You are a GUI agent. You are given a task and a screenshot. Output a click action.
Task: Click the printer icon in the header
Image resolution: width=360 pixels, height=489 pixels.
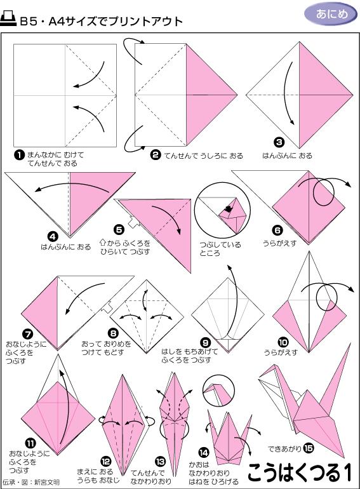pos(9,20)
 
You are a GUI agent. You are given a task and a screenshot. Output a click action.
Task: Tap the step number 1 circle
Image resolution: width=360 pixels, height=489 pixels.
pos(19,154)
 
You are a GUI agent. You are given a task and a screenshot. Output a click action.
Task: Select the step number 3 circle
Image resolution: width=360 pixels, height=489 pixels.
pos(279,142)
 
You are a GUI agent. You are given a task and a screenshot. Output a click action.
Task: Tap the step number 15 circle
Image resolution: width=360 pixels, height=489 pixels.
pos(309,447)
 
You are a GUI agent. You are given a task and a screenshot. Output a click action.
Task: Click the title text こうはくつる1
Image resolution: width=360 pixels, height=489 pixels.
pos(299,472)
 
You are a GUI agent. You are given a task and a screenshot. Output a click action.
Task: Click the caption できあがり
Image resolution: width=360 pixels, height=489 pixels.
pos(284,448)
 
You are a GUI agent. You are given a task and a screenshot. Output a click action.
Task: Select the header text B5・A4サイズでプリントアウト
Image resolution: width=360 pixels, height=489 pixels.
pos(101,21)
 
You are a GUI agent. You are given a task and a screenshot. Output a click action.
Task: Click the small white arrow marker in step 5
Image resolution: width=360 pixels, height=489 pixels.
pos(132,223)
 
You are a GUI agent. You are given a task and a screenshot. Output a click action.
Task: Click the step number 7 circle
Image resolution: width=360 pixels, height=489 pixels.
pos(28,332)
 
